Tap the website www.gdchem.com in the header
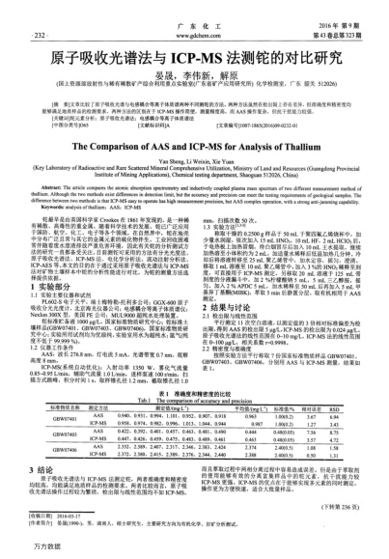[x=195, y=17]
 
